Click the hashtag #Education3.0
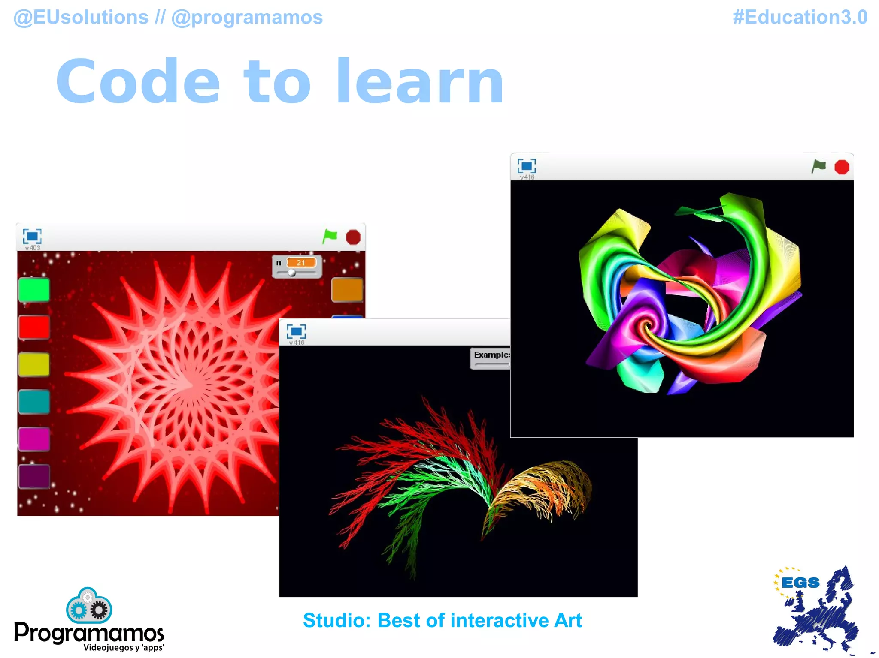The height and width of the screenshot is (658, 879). (x=800, y=18)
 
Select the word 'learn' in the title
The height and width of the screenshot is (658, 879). (x=420, y=82)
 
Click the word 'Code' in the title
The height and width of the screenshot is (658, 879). (x=138, y=82)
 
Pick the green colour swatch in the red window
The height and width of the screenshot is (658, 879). (x=34, y=290)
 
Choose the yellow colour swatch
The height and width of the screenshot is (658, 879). (x=34, y=364)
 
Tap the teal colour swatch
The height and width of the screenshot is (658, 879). (x=34, y=402)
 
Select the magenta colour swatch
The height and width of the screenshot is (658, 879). (x=34, y=439)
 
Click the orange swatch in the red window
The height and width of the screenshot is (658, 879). (x=347, y=290)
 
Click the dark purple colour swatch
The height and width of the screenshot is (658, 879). (x=34, y=476)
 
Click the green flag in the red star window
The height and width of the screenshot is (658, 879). (x=330, y=236)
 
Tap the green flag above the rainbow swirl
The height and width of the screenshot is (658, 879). (x=818, y=166)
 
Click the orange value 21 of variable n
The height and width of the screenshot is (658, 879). (x=301, y=263)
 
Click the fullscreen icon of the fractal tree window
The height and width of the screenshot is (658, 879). (x=296, y=331)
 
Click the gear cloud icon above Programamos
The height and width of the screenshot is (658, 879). (x=89, y=606)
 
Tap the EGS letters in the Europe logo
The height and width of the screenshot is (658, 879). (x=800, y=583)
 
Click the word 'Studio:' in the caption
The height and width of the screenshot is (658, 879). (x=336, y=620)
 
